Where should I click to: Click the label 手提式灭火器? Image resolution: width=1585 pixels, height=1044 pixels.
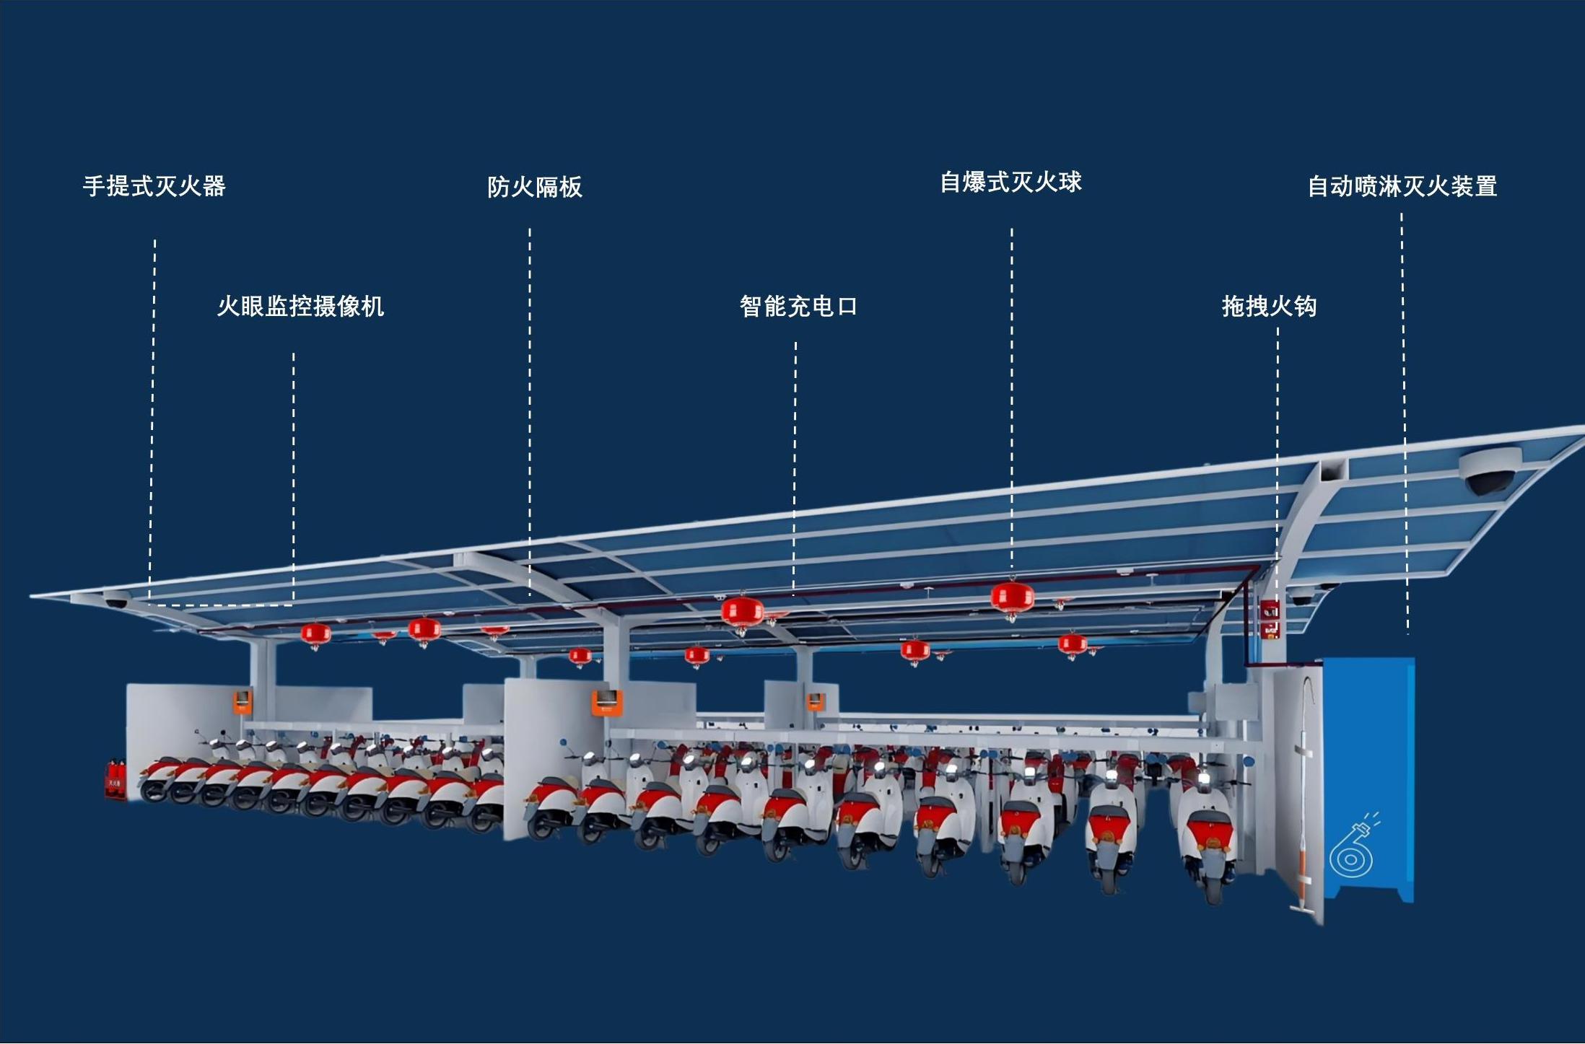(x=154, y=186)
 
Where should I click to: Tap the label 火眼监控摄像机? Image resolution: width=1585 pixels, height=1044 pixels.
(x=300, y=307)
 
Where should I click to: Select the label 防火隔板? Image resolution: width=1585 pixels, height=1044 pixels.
(x=534, y=187)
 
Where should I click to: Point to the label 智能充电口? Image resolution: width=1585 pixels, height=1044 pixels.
(x=798, y=307)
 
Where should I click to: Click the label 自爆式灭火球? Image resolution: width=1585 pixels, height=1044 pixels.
(x=1010, y=183)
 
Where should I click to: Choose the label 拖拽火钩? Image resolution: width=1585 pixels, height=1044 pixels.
(x=1269, y=307)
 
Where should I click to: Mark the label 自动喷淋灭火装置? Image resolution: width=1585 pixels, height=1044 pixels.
(x=1402, y=187)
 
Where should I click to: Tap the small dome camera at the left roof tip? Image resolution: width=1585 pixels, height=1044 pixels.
(x=116, y=601)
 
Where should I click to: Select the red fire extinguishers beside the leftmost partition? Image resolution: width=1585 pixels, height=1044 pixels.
(x=115, y=781)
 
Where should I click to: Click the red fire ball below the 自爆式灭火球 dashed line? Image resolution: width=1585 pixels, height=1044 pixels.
(x=1012, y=598)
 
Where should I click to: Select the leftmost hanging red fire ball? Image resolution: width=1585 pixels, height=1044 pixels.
(x=315, y=634)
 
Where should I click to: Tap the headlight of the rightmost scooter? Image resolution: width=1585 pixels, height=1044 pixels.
(x=1202, y=780)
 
